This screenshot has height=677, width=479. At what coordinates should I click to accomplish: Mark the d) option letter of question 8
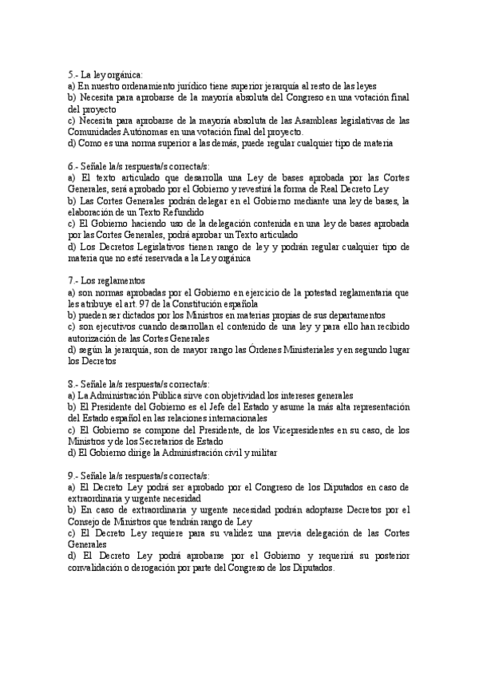[72, 453]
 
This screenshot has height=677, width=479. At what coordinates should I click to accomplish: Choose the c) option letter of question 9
[72, 532]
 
